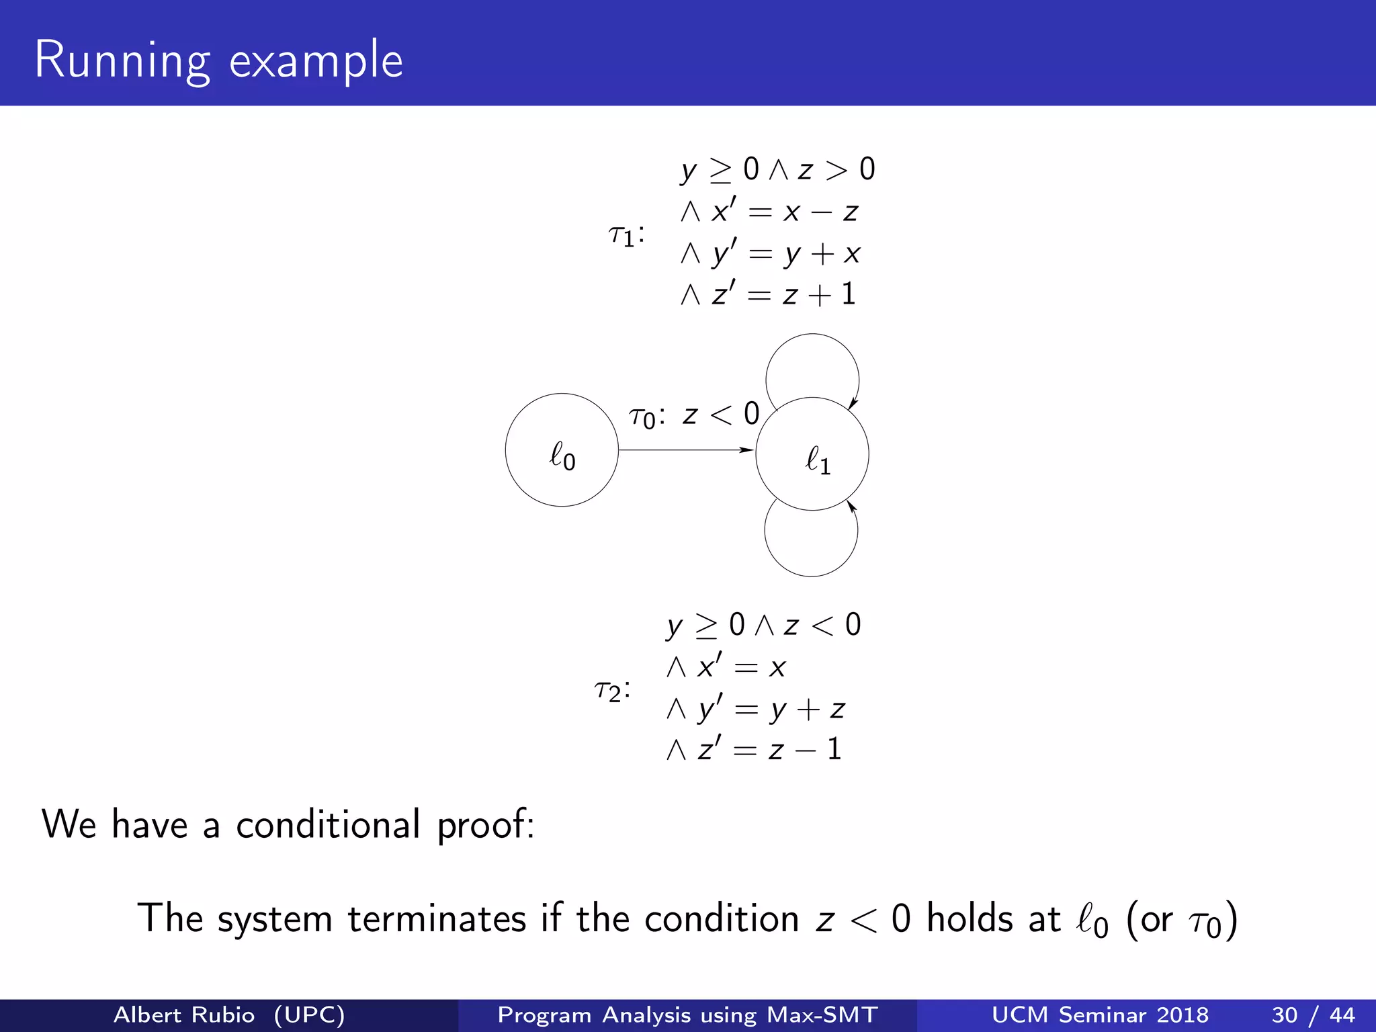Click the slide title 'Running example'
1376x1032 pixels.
(218, 60)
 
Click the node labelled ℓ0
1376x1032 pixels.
(562, 450)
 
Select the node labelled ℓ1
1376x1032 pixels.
(812, 454)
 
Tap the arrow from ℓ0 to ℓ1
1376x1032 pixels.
(685, 450)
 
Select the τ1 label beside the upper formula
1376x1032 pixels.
(626, 235)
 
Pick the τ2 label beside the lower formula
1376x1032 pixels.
(612, 690)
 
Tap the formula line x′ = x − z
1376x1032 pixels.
(769, 212)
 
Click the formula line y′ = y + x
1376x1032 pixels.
(770, 253)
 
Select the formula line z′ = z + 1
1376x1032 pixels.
(768, 295)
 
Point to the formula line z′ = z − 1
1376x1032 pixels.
(754, 750)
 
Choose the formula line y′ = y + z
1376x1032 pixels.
(755, 709)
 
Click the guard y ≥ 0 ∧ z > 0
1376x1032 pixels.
(777, 169)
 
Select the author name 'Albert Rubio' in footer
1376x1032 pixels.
(184, 1015)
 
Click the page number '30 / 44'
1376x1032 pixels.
(1313, 1015)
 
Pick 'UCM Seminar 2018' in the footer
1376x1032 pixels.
(1100, 1015)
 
